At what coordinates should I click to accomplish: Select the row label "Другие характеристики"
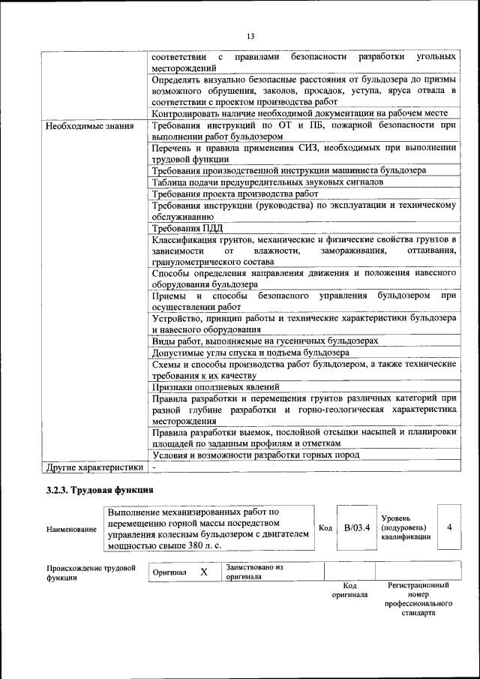tap(94, 467)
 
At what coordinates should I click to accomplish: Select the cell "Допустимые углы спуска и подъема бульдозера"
tap(250, 352)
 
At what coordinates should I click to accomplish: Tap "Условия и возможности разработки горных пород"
tap(255, 455)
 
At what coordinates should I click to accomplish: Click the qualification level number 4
tap(449, 527)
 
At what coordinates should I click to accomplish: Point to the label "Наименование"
tap(71, 529)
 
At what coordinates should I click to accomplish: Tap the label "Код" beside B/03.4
tap(325, 527)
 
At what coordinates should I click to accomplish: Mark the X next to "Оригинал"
tap(203, 572)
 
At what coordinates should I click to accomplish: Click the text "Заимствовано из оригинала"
tap(254, 572)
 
